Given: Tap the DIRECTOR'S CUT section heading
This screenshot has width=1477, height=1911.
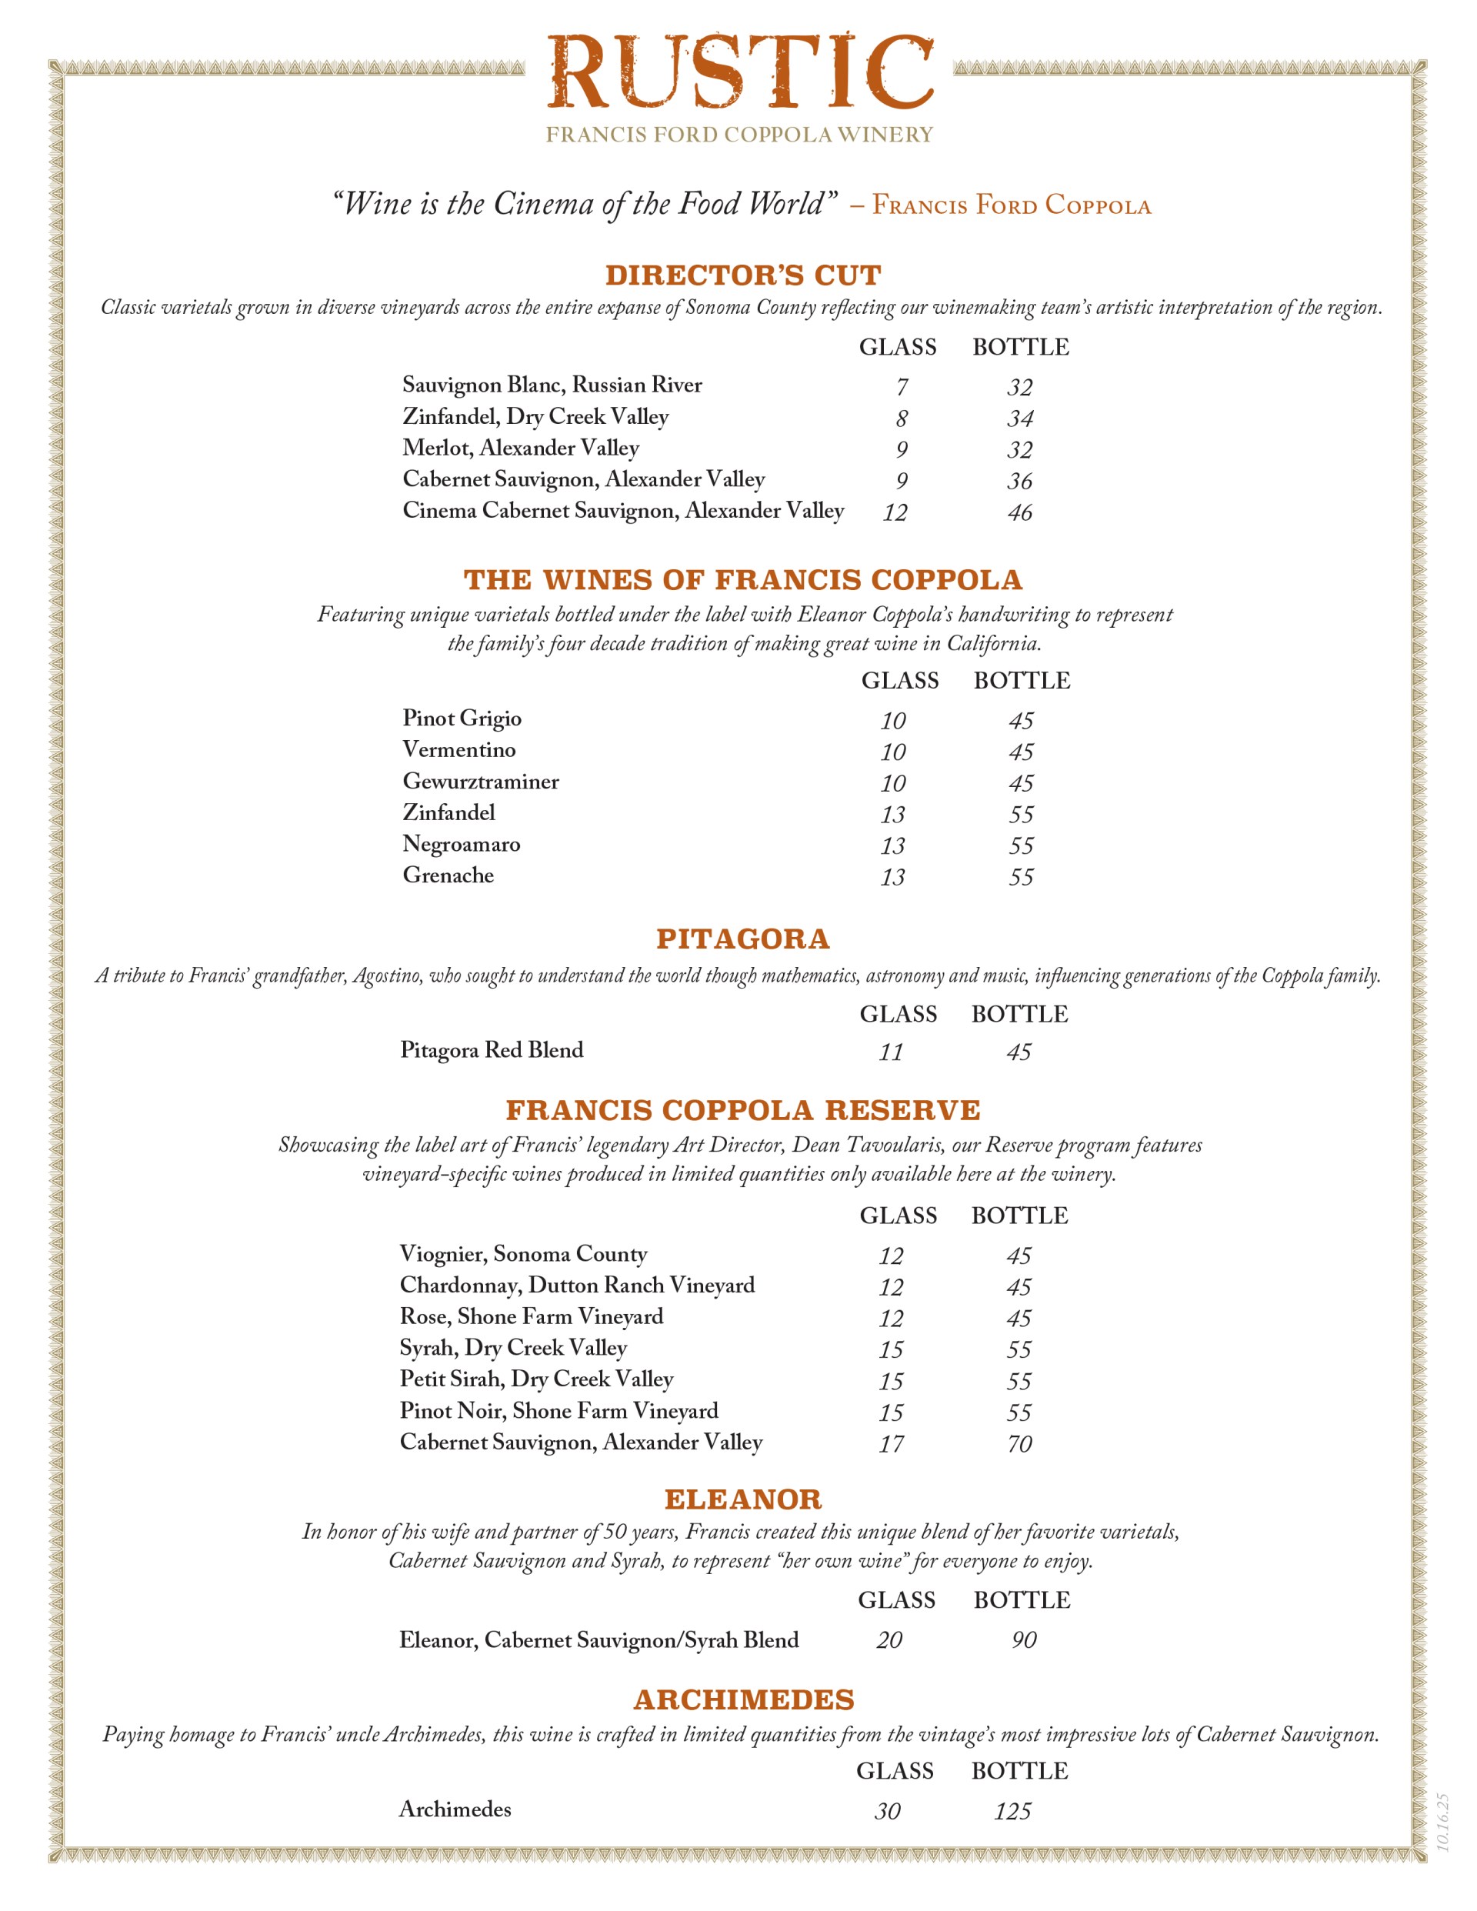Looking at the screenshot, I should (743, 275).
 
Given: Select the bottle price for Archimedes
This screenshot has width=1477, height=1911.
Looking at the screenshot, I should (1012, 1811).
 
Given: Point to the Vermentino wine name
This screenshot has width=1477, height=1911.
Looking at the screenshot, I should (459, 750).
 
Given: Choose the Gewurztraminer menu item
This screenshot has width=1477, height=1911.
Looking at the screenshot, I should (480, 782).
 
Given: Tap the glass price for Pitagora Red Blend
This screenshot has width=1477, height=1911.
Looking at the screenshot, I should (891, 1052).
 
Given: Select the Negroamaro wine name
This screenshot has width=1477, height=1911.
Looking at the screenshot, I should (461, 845).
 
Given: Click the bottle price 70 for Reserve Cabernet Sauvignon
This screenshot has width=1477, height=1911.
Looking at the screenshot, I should (1019, 1444).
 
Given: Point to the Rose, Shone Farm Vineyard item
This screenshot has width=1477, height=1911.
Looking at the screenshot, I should (531, 1317).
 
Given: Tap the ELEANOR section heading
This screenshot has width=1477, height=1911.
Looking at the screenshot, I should (743, 1499).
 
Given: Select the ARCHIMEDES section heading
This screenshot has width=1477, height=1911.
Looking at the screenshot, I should (743, 1700).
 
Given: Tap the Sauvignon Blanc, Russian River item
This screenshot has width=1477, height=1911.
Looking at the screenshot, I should (552, 385).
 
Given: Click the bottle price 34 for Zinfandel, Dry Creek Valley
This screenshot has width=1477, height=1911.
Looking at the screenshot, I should (1019, 419).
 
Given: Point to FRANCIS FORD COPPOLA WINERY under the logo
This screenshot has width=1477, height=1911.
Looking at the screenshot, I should (739, 135).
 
